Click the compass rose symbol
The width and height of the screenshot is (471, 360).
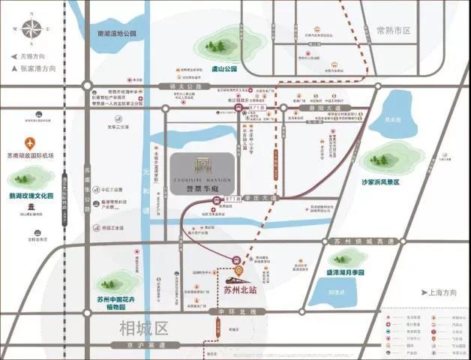point(32,30)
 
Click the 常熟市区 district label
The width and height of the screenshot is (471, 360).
point(394,31)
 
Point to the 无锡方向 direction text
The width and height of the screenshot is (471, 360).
point(32,56)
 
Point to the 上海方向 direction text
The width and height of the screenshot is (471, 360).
point(442,291)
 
